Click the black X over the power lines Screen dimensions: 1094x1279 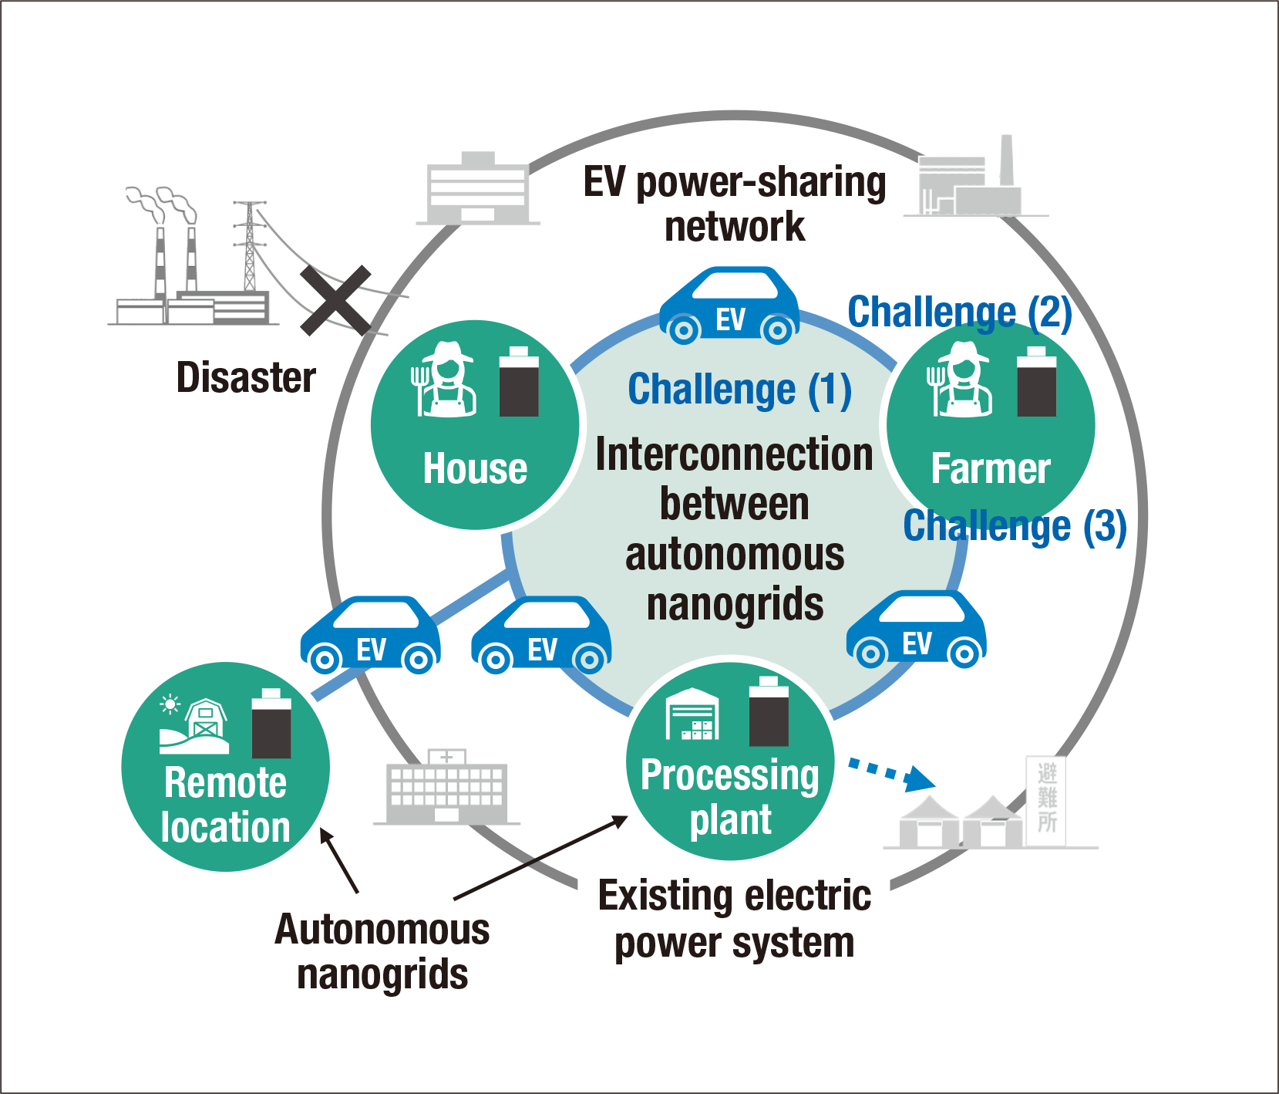tap(336, 300)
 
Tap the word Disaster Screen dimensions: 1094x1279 tap(246, 377)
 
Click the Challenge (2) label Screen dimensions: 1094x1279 tap(960, 312)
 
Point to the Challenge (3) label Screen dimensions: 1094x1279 tap(1015, 526)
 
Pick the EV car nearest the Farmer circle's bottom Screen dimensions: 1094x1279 tap(916, 630)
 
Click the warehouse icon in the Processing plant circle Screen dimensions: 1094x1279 tap(692, 714)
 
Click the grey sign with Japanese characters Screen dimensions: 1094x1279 tap(1046, 799)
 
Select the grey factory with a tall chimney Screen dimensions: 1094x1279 tap(972, 181)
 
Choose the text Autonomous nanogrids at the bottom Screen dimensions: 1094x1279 tap(382, 951)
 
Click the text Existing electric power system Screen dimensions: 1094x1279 tap(735, 919)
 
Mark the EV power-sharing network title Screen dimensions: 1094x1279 tap(735, 204)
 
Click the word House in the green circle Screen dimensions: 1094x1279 tap(475, 468)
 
